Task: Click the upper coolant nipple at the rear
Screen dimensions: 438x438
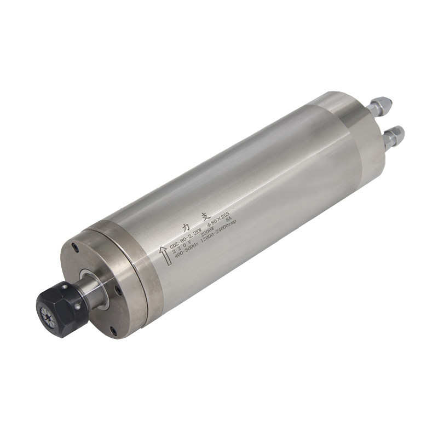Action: point(382,105)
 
